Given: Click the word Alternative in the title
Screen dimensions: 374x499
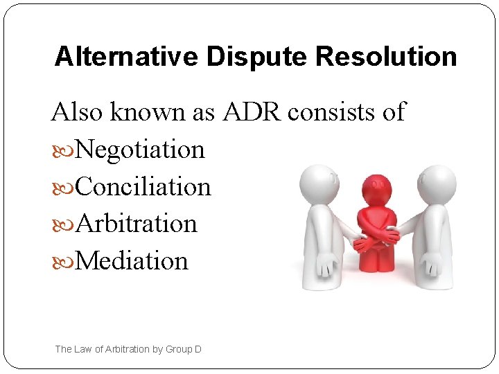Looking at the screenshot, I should pos(112,56).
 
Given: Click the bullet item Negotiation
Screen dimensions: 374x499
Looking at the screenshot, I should pos(140,149).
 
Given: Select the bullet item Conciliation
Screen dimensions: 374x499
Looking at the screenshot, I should pos(143,186).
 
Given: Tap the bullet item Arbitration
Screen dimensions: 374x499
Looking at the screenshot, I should pos(136,224).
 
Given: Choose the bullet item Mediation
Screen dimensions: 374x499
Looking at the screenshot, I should pos(132,261).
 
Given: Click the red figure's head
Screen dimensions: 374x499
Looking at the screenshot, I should pos(377,189).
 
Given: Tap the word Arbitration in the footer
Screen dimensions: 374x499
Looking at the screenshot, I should pos(127,349).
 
